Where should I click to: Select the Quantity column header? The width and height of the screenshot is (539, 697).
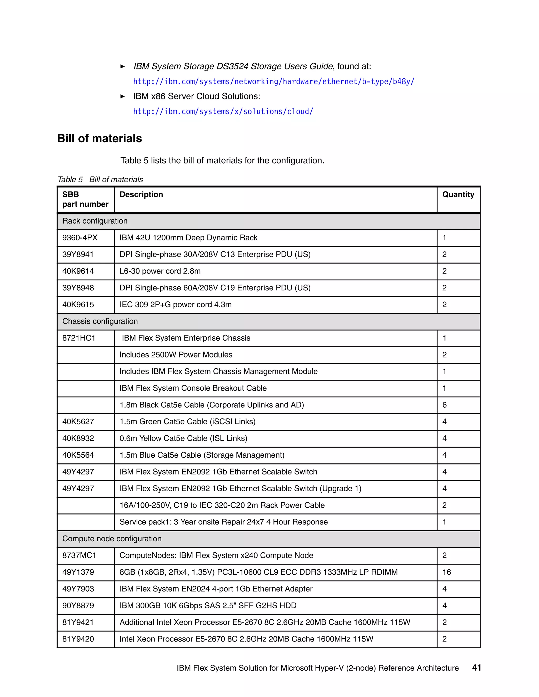pos(458,195)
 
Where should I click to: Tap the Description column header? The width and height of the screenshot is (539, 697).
pos(141,195)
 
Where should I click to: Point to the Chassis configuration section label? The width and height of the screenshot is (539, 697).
pos(100,321)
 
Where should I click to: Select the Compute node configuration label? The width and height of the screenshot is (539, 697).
pos(112,539)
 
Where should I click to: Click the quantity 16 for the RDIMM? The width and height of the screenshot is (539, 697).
pos(446,572)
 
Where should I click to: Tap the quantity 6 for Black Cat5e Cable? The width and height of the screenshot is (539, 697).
pos(444,405)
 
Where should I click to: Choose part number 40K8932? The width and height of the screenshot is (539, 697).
pos(78,438)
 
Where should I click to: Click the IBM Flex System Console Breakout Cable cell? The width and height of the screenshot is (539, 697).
pos(193,388)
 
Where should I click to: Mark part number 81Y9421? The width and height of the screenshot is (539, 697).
pos(78,622)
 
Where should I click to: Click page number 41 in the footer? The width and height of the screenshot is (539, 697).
pos(476,668)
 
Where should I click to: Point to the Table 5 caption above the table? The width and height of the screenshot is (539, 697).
pos(100,180)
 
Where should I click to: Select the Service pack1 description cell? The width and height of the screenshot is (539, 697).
pos(223,522)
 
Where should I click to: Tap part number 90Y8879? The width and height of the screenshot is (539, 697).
pos(78,606)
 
